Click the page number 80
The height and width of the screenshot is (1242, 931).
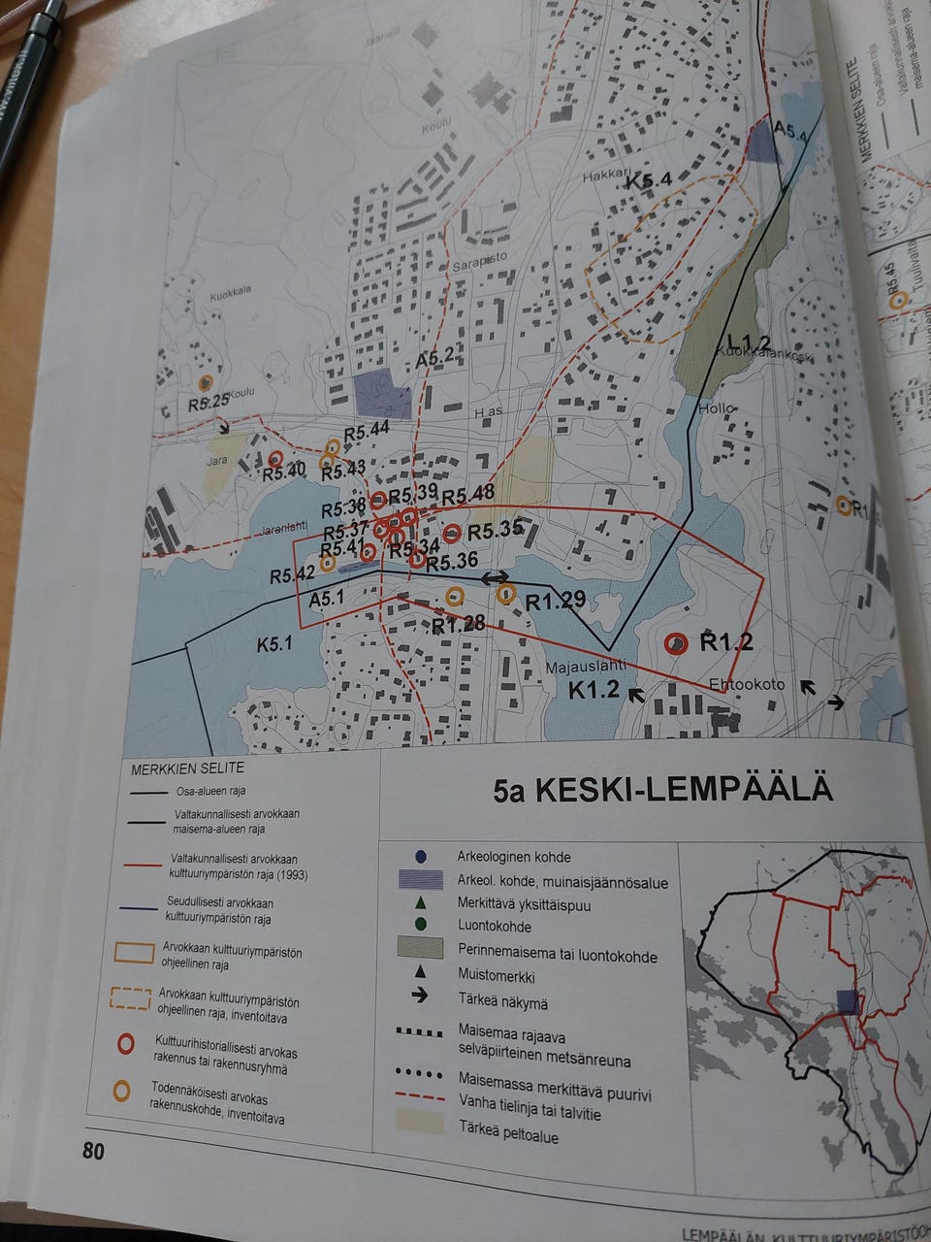click(93, 1151)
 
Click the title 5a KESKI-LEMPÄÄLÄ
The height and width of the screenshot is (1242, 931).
click(662, 788)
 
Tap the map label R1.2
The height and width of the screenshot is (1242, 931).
click(726, 641)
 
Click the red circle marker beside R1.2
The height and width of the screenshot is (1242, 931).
click(675, 642)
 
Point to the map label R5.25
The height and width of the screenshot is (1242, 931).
click(209, 402)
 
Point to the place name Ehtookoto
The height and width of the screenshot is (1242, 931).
click(746, 683)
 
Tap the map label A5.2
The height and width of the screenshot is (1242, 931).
click(435, 359)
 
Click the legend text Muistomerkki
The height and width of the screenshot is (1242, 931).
click(495, 976)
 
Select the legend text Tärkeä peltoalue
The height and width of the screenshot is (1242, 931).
click(507, 1136)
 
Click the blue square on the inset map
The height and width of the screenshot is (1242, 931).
click(848, 1001)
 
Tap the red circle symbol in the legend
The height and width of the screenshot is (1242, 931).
click(123, 1045)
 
